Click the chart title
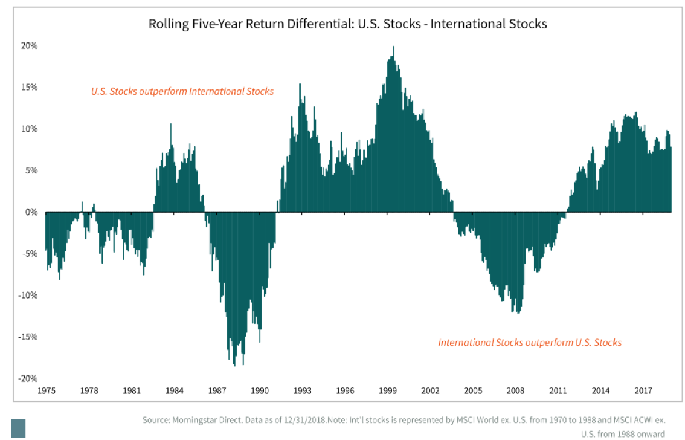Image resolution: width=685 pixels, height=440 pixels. pos(347,24)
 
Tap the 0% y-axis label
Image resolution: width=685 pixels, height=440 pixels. pos(32,212)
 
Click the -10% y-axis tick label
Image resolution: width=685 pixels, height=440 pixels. pos(29,296)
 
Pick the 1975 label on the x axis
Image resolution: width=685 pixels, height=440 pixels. pos(47,390)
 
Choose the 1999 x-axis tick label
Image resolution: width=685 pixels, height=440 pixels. pos(388,390)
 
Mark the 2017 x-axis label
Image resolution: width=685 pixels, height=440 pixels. pos(643,390)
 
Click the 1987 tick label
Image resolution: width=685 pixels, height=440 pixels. pos(217,390)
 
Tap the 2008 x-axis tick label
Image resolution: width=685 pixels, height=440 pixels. pos(516,390)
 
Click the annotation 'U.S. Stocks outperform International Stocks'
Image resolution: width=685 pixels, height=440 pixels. pos(182,92)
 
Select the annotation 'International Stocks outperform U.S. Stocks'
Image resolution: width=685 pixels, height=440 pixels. pos(530,343)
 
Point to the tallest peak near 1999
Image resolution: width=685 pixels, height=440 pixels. pos(394,47)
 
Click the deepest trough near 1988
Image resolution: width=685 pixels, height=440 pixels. pos(234,364)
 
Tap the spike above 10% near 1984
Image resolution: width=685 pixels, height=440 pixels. pos(170,125)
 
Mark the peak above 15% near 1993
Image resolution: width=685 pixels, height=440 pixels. pos(300,85)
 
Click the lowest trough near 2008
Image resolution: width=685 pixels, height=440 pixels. pos(518,312)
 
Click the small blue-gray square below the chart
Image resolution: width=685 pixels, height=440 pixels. pos(18,428)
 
